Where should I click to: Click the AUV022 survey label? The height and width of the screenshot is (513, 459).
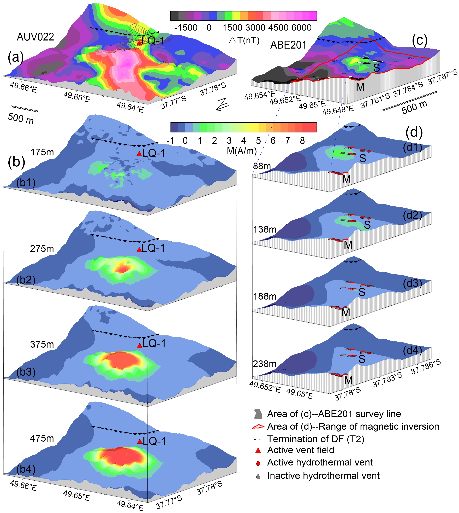pyautogui.click(x=35, y=37)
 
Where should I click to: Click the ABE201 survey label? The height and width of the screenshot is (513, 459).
pyautogui.click(x=288, y=45)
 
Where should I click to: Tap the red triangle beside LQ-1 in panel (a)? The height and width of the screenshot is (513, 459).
pyautogui.click(x=139, y=43)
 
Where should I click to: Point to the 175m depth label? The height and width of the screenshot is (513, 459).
pyautogui.click(x=42, y=152)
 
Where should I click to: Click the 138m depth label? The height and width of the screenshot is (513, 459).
pyautogui.click(x=265, y=229)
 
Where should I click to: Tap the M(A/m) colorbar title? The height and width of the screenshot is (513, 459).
pyautogui.click(x=242, y=151)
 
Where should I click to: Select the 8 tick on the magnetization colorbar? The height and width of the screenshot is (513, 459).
pyautogui.click(x=302, y=141)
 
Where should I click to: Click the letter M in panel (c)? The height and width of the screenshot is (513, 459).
pyautogui.click(x=360, y=87)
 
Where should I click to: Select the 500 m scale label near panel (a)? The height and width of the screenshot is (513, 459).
pyautogui.click(x=21, y=118)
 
